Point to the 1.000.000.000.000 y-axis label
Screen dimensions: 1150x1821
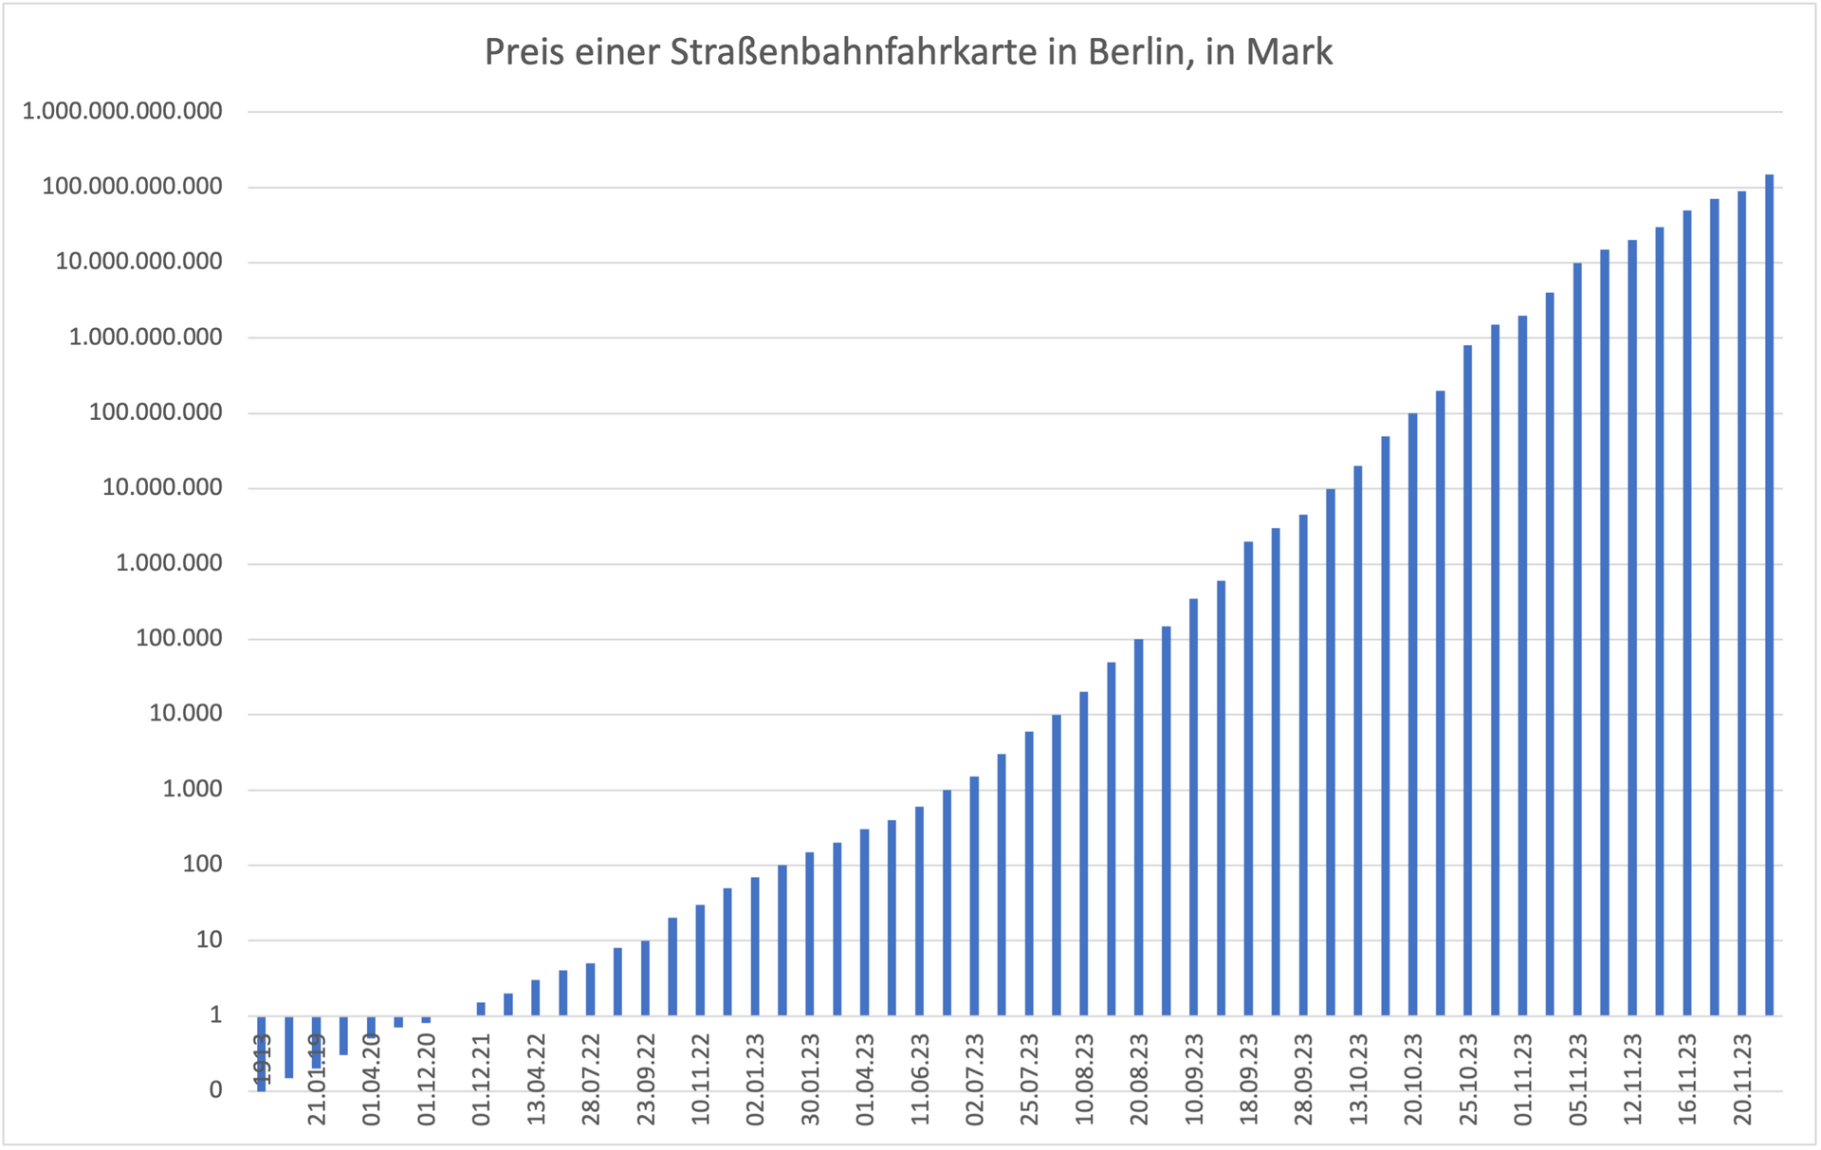[x=122, y=111]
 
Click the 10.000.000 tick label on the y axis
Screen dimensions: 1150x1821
[x=162, y=487]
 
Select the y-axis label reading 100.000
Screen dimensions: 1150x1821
[x=179, y=638]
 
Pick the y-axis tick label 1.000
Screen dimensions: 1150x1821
[x=193, y=789]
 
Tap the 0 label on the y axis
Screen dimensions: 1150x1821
[x=216, y=1090]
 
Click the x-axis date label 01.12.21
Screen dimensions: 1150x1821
[x=482, y=1079]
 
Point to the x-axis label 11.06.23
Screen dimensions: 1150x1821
[x=920, y=1079]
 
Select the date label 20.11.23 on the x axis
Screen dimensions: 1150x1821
[x=1742, y=1079]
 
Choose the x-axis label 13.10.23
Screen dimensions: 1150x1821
[x=1359, y=1079]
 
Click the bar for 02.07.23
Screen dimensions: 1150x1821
[x=974, y=896]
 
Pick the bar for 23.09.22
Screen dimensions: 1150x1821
[x=645, y=977]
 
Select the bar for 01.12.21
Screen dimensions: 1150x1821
[x=481, y=1009]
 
